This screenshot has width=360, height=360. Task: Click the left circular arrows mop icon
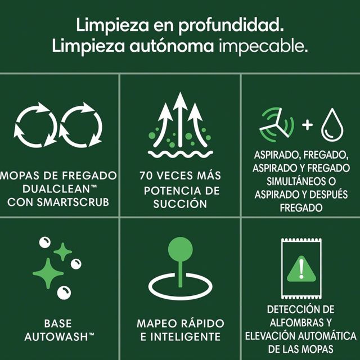point(35,125)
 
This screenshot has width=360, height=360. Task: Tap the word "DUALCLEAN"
point(55,188)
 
